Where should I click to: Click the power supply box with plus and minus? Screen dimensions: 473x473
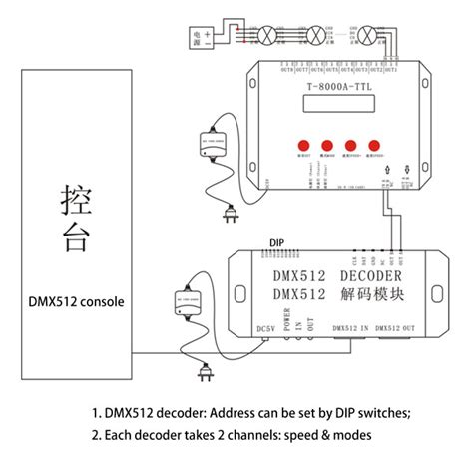(194, 38)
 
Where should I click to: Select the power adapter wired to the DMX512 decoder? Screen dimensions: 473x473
(183, 300)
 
